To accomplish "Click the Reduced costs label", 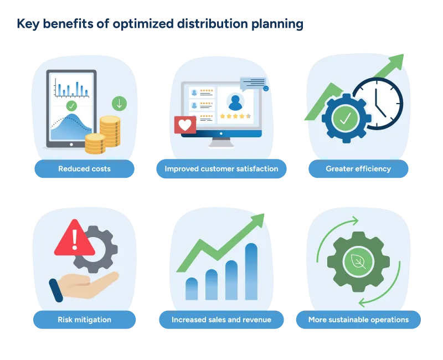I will click(x=84, y=169).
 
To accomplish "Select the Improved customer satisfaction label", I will click(x=221, y=169).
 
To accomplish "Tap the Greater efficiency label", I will click(x=358, y=169).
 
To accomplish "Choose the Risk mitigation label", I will click(x=84, y=320).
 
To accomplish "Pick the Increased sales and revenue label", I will click(x=221, y=320).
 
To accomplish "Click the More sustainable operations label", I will click(x=358, y=320).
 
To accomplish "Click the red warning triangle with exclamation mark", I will click(x=74, y=237).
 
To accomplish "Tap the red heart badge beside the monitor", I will click(x=185, y=125).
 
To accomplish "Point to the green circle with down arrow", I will click(x=119, y=104).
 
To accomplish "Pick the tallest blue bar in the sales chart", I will click(x=251, y=271).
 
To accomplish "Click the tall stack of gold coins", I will click(x=110, y=131).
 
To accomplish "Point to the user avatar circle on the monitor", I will click(x=235, y=101).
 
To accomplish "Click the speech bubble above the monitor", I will click(x=253, y=83).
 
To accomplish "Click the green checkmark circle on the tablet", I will click(x=71, y=105).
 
